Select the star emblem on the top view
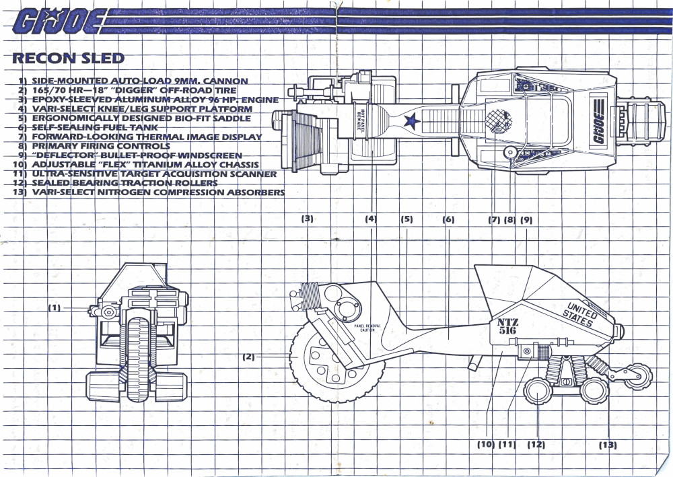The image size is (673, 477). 410,122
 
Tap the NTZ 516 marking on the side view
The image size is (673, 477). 508,326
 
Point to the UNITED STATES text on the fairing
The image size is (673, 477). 578,315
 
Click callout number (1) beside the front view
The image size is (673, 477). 55,307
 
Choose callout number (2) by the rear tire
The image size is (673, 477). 249,357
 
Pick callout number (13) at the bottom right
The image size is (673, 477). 608,444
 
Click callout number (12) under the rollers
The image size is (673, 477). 536,444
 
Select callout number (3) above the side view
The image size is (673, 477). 308,219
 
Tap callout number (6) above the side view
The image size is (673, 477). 448,219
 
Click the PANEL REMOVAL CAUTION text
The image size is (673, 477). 367,328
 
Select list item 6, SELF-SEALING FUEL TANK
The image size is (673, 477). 88,127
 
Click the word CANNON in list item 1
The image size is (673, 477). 229,81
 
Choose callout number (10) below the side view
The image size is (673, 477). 486,444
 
